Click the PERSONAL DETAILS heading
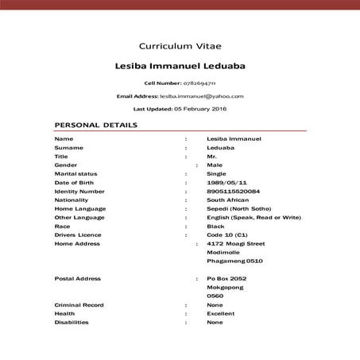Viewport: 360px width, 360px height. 95,125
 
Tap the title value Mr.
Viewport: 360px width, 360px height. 211,156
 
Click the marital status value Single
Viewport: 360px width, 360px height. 216,173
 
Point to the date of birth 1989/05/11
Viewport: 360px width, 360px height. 224,182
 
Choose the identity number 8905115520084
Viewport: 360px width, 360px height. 233,191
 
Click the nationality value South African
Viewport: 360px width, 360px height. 227,199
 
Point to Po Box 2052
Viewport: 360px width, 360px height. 226,279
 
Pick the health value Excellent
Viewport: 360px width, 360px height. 220,314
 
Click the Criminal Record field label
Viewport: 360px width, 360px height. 79,305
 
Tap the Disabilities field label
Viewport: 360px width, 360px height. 72,323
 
